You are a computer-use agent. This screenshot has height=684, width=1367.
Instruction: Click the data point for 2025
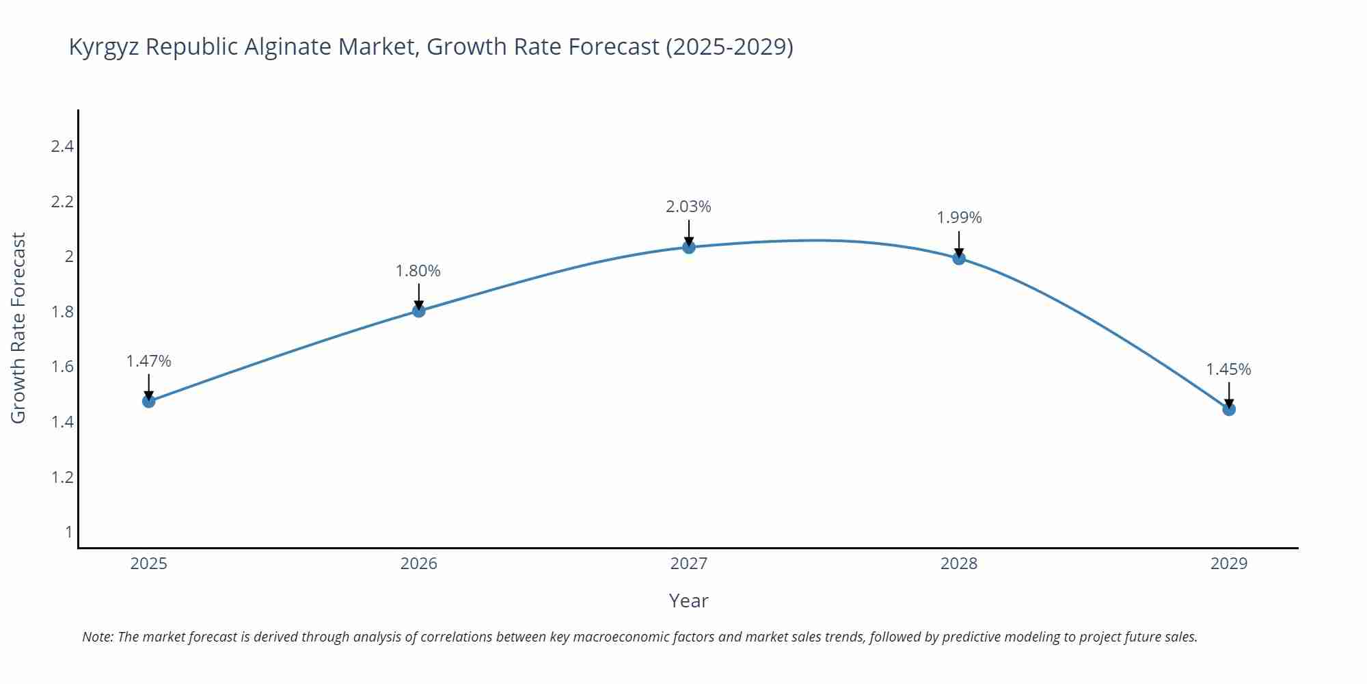click(x=148, y=401)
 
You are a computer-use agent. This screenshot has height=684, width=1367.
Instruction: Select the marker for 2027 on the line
click(x=689, y=247)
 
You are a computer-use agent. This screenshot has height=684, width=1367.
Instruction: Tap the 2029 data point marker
click(x=1229, y=409)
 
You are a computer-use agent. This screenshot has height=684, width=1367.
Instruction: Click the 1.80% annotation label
click(x=418, y=271)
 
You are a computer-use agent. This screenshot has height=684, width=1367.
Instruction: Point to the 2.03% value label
click(x=689, y=207)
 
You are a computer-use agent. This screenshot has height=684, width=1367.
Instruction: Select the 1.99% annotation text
click(x=959, y=218)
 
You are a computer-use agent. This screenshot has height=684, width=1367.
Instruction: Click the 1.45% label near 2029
click(x=1228, y=369)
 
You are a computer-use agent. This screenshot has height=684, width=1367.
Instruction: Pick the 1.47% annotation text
click(x=148, y=361)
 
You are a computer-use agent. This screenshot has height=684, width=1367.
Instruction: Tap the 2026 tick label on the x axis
click(x=418, y=564)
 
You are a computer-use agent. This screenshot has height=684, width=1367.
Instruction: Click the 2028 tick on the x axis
click(x=959, y=564)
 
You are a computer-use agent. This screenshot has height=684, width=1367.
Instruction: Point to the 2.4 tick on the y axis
click(x=62, y=146)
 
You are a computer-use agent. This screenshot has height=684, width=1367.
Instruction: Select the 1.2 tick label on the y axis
click(x=62, y=477)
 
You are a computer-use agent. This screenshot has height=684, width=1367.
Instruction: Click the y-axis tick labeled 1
click(x=68, y=531)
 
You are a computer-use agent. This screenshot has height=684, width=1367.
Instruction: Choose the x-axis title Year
click(x=688, y=601)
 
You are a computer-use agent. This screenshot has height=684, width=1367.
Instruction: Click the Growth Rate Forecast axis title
click(x=18, y=328)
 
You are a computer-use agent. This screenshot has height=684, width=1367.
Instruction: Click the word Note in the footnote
click(x=98, y=637)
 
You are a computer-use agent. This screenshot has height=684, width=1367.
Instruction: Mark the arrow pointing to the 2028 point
click(x=959, y=243)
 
